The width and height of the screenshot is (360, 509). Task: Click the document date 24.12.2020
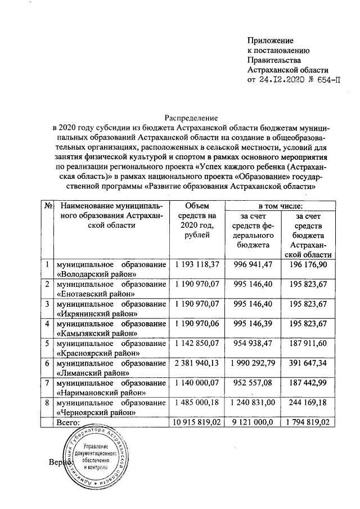[x=280, y=80]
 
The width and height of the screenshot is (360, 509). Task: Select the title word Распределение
[x=190, y=118]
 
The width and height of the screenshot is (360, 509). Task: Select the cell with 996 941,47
[x=252, y=264]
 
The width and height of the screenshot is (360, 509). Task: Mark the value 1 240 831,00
[x=252, y=403]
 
